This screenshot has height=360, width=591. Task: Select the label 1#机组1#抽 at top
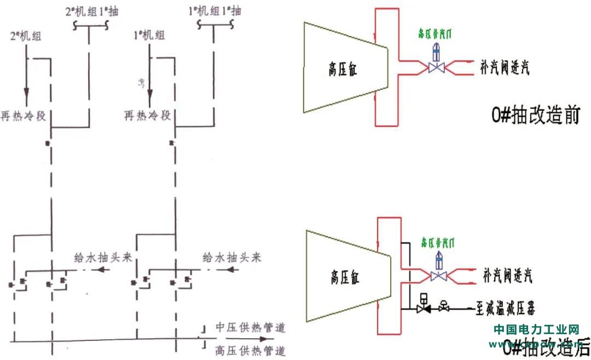pyautogui.click(x=213, y=11)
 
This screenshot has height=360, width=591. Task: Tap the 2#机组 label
pyautogui.click(x=26, y=37)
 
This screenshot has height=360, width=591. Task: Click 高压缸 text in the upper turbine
pyautogui.click(x=343, y=71)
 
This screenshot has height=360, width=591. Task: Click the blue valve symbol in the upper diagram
pyautogui.click(x=436, y=67)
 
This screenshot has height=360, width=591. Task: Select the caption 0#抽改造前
pyautogui.click(x=535, y=116)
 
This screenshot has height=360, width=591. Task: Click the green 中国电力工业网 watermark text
pyautogui.click(x=536, y=329)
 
